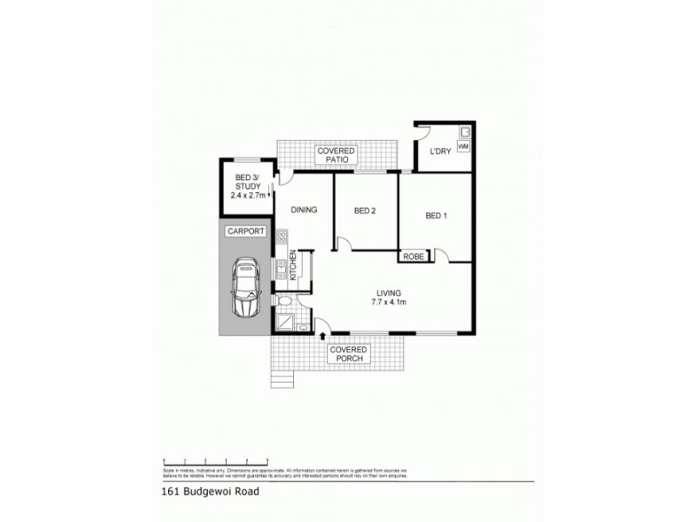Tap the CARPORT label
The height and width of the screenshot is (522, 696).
[x=244, y=231]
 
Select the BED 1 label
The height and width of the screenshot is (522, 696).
[x=437, y=216]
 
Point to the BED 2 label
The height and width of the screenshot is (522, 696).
[x=365, y=210]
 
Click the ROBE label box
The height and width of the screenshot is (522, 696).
[x=414, y=257]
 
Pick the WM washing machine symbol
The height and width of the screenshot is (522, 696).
[x=463, y=147]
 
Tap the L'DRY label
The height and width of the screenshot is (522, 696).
[x=438, y=152]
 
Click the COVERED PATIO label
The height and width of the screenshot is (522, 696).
[x=334, y=156]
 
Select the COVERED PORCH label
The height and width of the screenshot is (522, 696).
[x=348, y=353]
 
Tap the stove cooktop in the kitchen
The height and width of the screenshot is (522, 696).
[x=282, y=236]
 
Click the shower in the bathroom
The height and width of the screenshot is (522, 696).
[x=284, y=322]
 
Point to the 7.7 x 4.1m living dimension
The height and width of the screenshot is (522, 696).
[x=389, y=303]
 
